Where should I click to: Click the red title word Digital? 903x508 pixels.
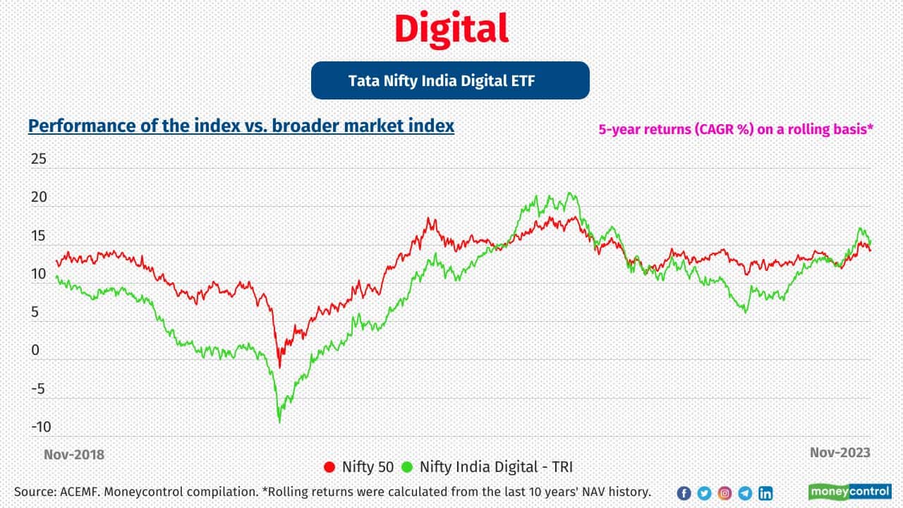click(x=451, y=30)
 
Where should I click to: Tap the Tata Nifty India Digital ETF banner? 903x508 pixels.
click(x=450, y=80)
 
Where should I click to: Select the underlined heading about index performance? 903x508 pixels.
click(x=241, y=126)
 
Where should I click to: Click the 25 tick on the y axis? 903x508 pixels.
click(x=38, y=159)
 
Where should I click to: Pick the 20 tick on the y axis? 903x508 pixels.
click(x=38, y=198)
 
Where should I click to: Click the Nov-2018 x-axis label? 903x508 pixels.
click(x=73, y=454)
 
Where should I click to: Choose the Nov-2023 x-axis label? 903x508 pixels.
click(x=840, y=452)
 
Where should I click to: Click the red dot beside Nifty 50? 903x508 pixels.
click(x=329, y=466)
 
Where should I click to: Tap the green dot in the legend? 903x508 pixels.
click(x=407, y=466)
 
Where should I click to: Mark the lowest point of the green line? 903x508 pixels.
click(x=279, y=422)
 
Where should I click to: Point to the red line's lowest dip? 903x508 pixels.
click(x=279, y=367)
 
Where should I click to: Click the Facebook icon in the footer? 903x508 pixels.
click(x=684, y=493)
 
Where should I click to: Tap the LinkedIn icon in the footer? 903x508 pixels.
click(x=765, y=493)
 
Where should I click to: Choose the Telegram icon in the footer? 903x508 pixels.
click(x=745, y=493)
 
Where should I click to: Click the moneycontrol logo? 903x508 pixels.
click(x=849, y=492)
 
